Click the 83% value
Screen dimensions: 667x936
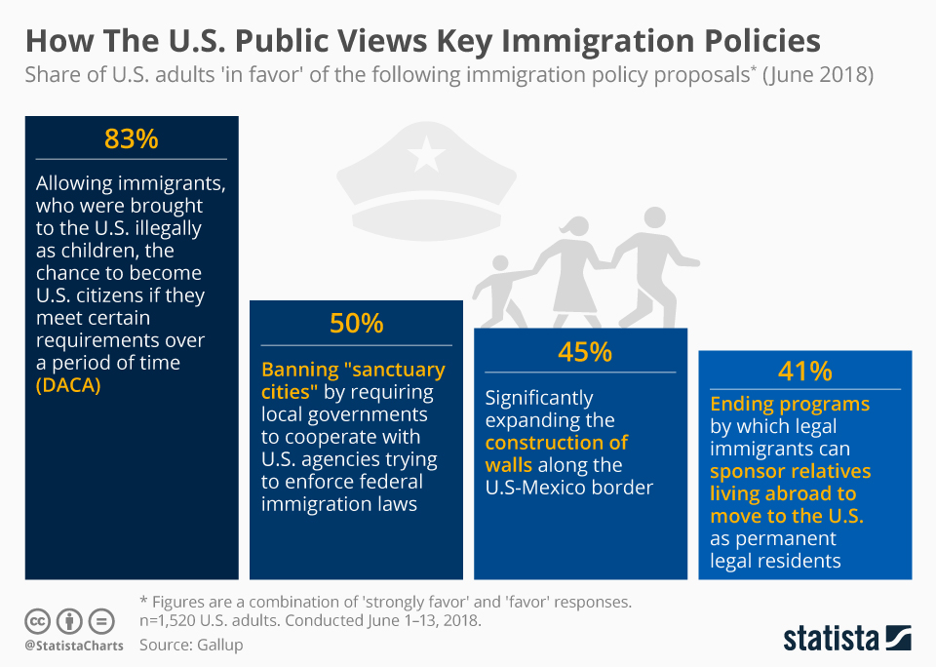(x=131, y=139)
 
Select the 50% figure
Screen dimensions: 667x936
(x=356, y=324)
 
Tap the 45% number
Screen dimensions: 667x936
(x=584, y=352)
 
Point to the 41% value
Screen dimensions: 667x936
(x=804, y=372)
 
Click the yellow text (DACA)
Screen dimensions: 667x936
(x=69, y=385)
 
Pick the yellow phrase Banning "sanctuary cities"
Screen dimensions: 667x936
(x=352, y=380)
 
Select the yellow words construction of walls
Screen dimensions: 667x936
(x=557, y=453)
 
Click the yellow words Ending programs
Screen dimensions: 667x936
(x=790, y=403)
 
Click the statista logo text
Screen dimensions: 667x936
(x=828, y=639)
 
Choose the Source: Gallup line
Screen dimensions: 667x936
(x=191, y=645)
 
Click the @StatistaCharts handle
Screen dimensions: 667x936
(x=74, y=645)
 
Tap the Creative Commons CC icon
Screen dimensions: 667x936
(x=38, y=621)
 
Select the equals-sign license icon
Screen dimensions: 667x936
(x=100, y=621)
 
